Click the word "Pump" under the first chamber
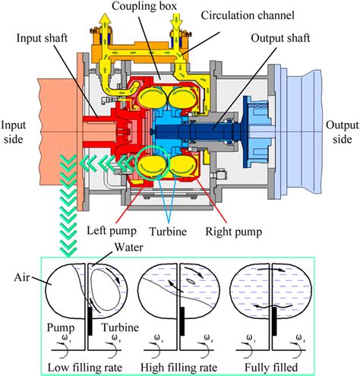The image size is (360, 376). pyautogui.click(x=63, y=329)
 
